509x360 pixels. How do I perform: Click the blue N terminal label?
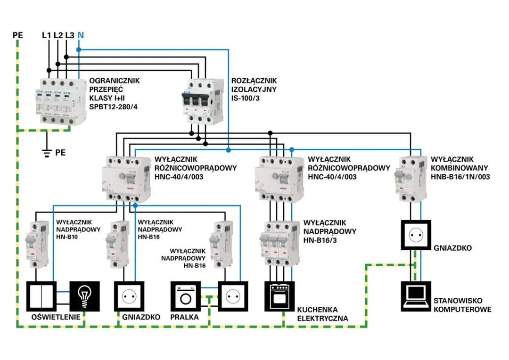coord(81,35)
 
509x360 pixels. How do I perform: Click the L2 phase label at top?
coord(58,35)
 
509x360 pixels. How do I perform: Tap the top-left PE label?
coord(18,35)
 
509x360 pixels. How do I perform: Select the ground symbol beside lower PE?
coord(47,152)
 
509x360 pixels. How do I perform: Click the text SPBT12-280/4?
coord(115,107)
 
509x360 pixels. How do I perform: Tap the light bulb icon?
coord(85,297)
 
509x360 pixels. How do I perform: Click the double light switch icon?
coord(41,297)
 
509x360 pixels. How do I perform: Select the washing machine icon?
coord(186,297)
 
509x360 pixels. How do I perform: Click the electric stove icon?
coord(279,297)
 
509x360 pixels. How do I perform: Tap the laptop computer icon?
coord(416,297)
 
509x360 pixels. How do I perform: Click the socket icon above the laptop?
coord(416,234)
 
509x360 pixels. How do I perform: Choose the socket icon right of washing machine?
coord(233,297)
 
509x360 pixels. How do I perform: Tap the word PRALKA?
coord(185,318)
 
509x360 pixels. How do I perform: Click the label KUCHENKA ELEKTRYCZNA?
coord(322,314)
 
